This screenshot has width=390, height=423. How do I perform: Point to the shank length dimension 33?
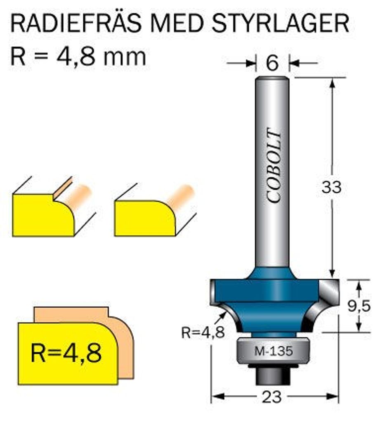click(332, 187)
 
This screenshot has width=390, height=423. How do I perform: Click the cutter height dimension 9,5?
click(358, 306)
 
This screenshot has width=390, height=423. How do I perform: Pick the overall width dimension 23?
click(271, 397)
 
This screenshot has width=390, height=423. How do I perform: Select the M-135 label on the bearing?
click(273, 352)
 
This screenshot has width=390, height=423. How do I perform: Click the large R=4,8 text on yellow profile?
click(66, 354)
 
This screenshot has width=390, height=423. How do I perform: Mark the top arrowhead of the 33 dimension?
click(332, 81)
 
